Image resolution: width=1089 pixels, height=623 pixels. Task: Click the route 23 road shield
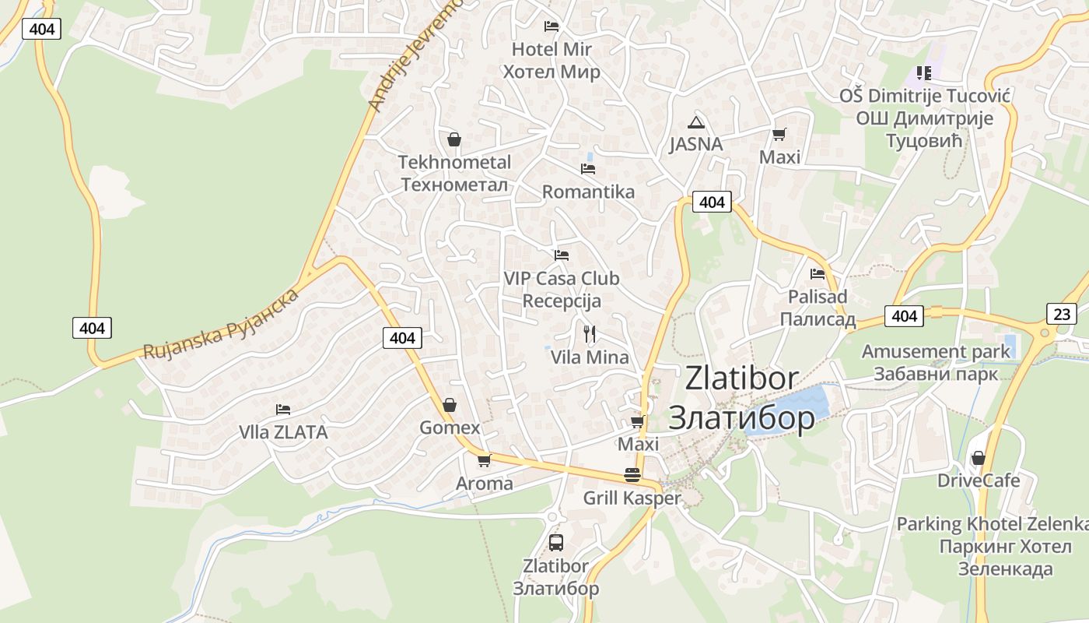(1062, 314)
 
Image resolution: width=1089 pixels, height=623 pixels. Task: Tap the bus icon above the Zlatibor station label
(555, 542)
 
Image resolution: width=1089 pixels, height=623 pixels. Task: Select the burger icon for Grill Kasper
(632, 475)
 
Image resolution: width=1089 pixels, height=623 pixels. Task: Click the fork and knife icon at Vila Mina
(590, 334)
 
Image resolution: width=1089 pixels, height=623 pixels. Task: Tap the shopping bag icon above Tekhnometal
(454, 139)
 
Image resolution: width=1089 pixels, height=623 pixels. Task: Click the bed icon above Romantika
(588, 168)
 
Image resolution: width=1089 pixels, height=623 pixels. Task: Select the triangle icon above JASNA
(695, 121)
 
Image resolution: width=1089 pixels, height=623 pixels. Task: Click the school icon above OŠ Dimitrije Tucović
(923, 73)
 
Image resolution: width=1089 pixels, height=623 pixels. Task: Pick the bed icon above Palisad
(818, 273)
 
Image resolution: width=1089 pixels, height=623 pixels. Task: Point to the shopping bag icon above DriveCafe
(978, 457)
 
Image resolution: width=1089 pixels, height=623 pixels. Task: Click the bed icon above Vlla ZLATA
(283, 409)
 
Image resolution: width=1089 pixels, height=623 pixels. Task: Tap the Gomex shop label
(450, 428)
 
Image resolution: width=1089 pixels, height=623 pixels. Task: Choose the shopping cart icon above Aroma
(484, 460)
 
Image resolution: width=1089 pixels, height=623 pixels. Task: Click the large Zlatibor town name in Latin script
(741, 378)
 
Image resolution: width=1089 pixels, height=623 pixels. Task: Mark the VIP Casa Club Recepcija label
(562, 289)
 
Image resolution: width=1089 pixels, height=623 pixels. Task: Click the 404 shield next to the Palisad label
(904, 316)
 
